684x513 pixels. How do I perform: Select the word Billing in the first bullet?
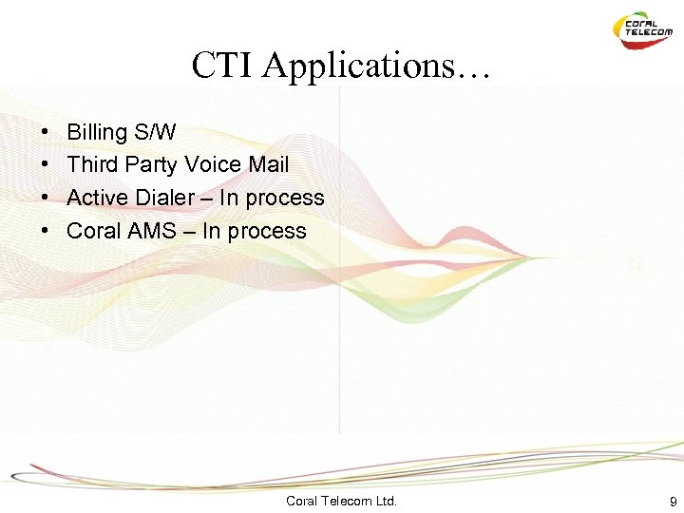point(96,132)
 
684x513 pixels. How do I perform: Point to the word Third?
point(92,164)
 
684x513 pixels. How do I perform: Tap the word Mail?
point(268,164)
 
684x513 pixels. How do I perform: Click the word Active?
point(98,198)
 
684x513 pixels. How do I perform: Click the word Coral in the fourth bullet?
point(94,231)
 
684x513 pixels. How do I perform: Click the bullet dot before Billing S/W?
point(46,132)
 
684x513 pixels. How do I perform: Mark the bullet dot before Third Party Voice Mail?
point(46,165)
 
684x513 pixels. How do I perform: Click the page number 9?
point(673,501)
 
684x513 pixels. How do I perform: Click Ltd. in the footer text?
point(387,501)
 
